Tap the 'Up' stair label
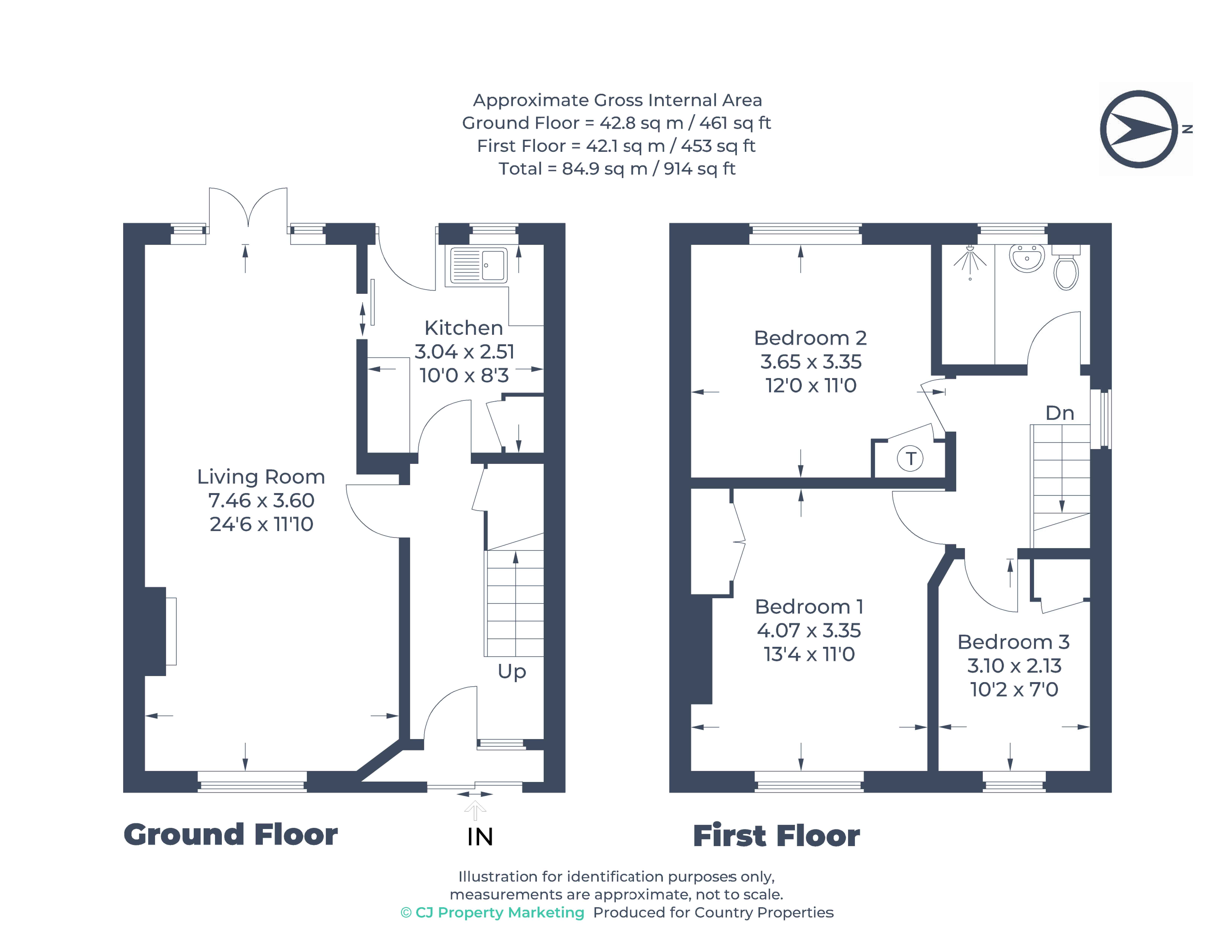[511, 671]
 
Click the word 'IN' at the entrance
[480, 837]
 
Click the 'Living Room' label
[261, 477]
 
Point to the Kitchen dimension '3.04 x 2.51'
[464, 352]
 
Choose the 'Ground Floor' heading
[230, 835]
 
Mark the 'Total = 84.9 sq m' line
[617, 169]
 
